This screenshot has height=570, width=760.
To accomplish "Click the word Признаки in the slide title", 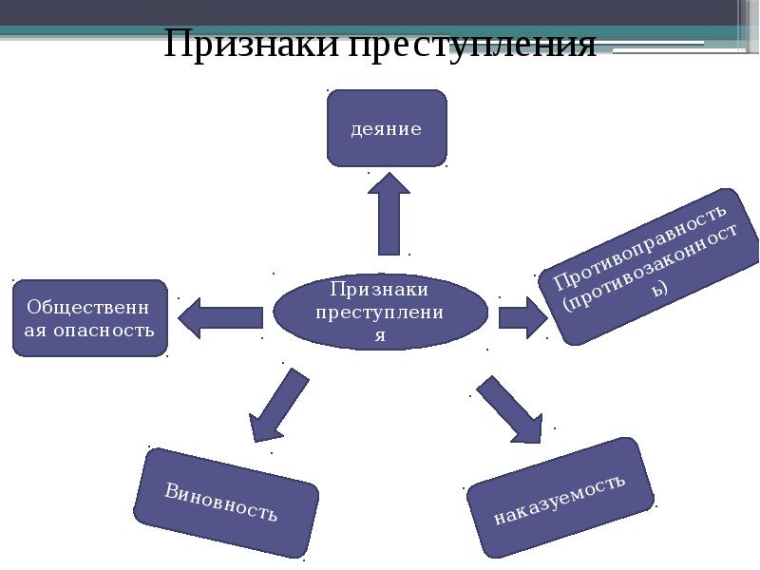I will tap(249, 44).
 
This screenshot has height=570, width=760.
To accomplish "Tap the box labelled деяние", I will tap(386, 128).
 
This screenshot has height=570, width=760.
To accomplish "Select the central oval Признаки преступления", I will tap(380, 312).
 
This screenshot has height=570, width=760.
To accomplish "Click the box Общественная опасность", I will tap(90, 318).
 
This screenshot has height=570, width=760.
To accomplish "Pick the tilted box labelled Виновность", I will tap(225, 503).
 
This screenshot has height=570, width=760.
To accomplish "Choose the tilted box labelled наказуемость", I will tap(560, 498).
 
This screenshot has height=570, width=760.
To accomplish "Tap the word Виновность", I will tap(221, 503).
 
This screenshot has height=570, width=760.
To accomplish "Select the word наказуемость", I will tap(560, 498).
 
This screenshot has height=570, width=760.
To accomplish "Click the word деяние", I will tap(386, 128).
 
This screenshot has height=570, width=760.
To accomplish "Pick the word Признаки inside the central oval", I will tap(379, 289).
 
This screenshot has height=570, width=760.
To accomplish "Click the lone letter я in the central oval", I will tap(379, 335).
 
